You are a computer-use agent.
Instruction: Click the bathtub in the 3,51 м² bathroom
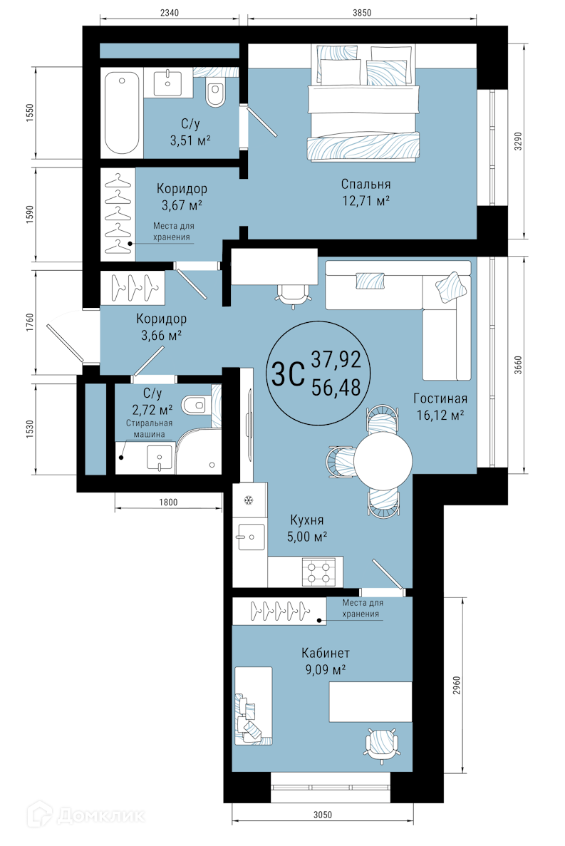(123, 113)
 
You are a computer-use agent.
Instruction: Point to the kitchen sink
(249, 537)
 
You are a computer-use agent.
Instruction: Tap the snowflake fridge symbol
(249, 501)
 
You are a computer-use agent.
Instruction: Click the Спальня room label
(366, 184)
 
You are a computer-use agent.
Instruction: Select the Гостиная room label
(440, 398)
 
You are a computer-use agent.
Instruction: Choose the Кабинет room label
(326, 653)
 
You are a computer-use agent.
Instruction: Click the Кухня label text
(307, 520)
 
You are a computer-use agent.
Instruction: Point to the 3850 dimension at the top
(362, 12)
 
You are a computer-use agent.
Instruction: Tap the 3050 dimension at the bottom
(322, 815)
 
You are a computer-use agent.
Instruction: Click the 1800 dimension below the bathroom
(168, 502)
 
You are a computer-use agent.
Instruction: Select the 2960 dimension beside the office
(457, 685)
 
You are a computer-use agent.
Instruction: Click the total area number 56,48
(336, 387)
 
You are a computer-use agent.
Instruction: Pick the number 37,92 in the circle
(336, 358)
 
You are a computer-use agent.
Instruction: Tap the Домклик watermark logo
(86, 815)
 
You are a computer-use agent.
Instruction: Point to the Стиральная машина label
(150, 429)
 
